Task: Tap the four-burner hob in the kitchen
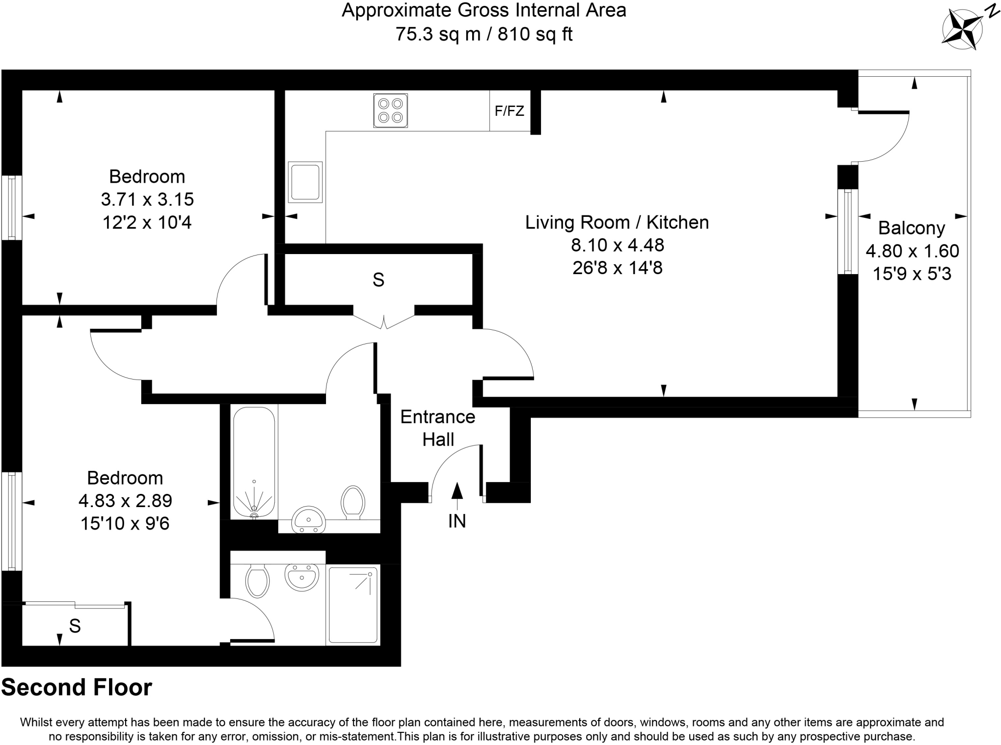[390, 110]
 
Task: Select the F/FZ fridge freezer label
[509, 111]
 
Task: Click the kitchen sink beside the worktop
[305, 182]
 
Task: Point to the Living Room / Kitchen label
[617, 222]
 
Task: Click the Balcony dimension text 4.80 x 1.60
[912, 251]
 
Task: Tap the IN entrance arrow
[457, 498]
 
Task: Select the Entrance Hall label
[438, 428]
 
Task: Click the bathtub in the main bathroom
[254, 462]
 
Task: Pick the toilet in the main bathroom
[353, 502]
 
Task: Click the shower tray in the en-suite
[353, 605]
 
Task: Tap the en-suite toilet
[258, 580]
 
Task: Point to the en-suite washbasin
[302, 577]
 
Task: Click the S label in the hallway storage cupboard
[378, 279]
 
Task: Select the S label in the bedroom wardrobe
[74, 625]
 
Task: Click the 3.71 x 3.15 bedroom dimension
[147, 199]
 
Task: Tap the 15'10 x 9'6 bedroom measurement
[125, 524]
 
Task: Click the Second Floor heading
[77, 687]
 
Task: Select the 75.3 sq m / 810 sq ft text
[483, 34]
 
